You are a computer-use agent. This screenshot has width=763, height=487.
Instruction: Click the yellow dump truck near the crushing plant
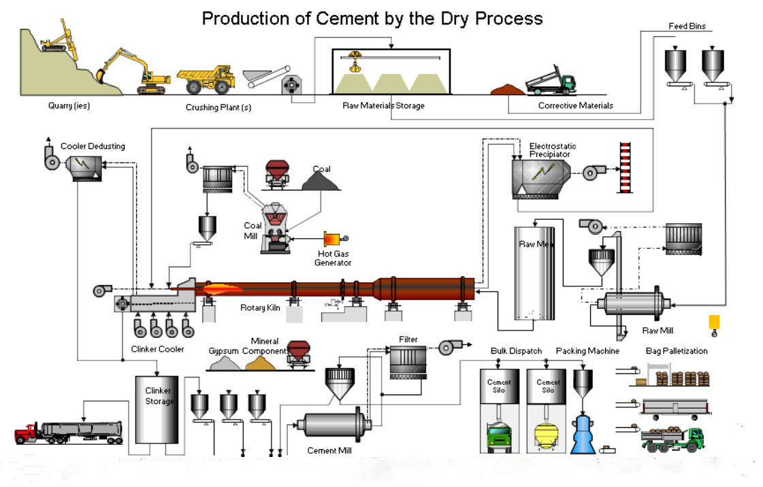(x=206, y=80)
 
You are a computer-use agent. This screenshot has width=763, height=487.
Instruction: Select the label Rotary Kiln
(x=260, y=307)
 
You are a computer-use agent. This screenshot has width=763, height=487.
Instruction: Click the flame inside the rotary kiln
(x=222, y=290)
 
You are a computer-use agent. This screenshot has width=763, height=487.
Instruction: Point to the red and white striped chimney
(x=626, y=167)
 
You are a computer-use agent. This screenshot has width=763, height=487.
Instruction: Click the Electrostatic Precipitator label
(x=552, y=150)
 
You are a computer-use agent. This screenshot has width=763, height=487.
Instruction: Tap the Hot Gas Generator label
(x=333, y=258)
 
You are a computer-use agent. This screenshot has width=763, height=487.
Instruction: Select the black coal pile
(x=320, y=182)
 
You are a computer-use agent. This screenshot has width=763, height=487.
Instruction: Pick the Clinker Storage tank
(x=157, y=409)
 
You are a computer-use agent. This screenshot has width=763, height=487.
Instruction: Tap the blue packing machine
(x=583, y=435)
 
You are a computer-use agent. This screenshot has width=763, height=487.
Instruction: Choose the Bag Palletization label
(x=677, y=351)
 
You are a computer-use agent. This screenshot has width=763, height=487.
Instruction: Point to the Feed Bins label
(x=687, y=27)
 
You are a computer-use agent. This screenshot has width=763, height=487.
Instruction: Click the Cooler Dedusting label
(x=93, y=146)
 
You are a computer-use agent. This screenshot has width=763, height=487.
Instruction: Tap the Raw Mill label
(x=658, y=331)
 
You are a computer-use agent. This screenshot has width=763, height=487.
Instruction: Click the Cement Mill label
(x=329, y=450)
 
